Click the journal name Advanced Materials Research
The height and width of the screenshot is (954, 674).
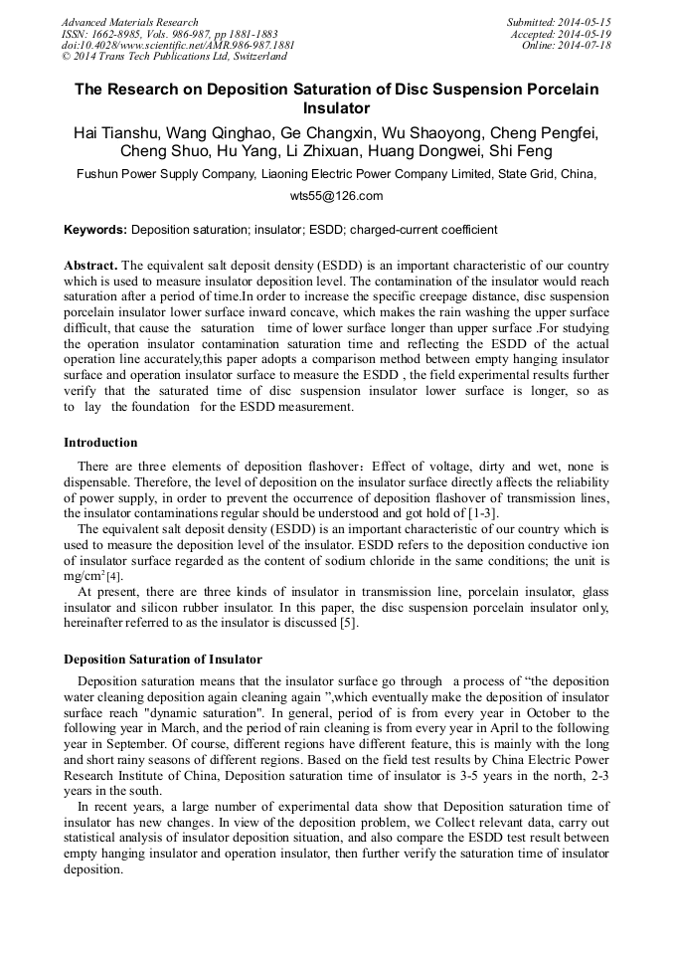129,22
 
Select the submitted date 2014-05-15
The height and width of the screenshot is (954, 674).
587,22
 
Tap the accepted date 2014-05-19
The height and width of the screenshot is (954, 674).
587,34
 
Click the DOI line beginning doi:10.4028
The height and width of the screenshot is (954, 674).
178,45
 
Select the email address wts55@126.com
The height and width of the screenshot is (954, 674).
336,196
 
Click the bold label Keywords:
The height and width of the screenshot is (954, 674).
95,230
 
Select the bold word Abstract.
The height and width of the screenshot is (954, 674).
89,267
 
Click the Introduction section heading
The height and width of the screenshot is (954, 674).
100,443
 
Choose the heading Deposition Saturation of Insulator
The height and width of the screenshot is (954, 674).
163,660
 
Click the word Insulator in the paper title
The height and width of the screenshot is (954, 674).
336,108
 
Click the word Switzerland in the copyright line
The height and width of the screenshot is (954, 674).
253,57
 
